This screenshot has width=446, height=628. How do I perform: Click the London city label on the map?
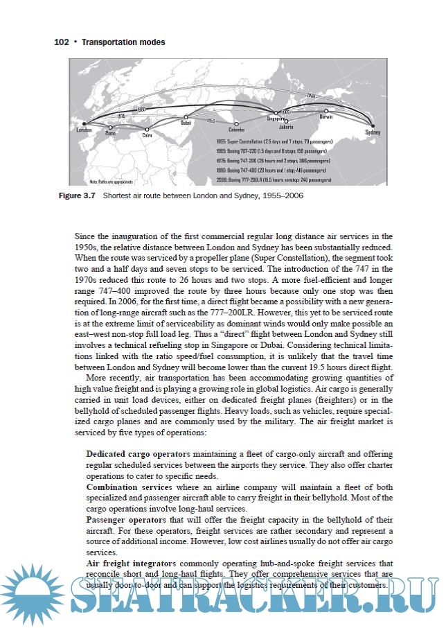(x=84, y=130)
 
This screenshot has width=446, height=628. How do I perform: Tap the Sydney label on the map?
(x=373, y=132)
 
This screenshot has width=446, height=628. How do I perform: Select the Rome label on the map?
(x=111, y=128)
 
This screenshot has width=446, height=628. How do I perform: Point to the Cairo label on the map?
(x=147, y=136)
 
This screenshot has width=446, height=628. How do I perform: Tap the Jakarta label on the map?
(x=287, y=128)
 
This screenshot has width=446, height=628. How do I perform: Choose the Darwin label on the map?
(x=325, y=117)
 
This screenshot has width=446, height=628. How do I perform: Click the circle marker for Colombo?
(x=237, y=123)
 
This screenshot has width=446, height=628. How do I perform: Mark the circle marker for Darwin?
(x=325, y=110)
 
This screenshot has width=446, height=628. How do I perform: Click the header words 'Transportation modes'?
(x=123, y=42)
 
